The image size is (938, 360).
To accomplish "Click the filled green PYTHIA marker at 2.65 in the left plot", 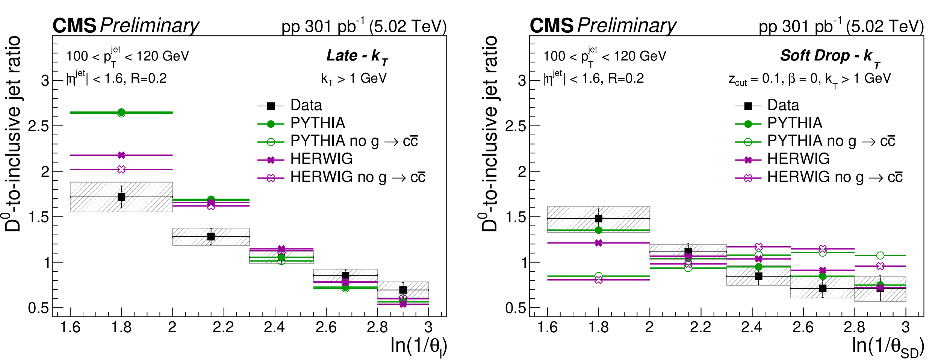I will [x=121, y=112].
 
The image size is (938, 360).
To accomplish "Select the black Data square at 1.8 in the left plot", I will [x=121, y=197].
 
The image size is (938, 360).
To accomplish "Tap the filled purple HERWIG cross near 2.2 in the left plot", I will [x=211, y=203].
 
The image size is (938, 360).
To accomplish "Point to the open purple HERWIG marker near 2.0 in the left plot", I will [x=121, y=169].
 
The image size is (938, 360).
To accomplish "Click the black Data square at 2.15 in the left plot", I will [x=211, y=237].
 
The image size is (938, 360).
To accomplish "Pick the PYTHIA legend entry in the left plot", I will [x=318, y=123].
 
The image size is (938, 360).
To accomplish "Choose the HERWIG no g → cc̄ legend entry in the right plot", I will [x=834, y=177].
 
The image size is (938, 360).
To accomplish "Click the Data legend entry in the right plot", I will [x=783, y=106].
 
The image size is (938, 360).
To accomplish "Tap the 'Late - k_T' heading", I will [x=357, y=56].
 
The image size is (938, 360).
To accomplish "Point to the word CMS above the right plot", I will [x=551, y=26].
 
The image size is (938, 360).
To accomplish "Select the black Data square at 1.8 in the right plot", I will [x=599, y=219].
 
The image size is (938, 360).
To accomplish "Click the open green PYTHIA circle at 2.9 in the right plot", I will [x=880, y=256].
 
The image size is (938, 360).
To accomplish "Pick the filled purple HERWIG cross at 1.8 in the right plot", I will [x=599, y=243].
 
